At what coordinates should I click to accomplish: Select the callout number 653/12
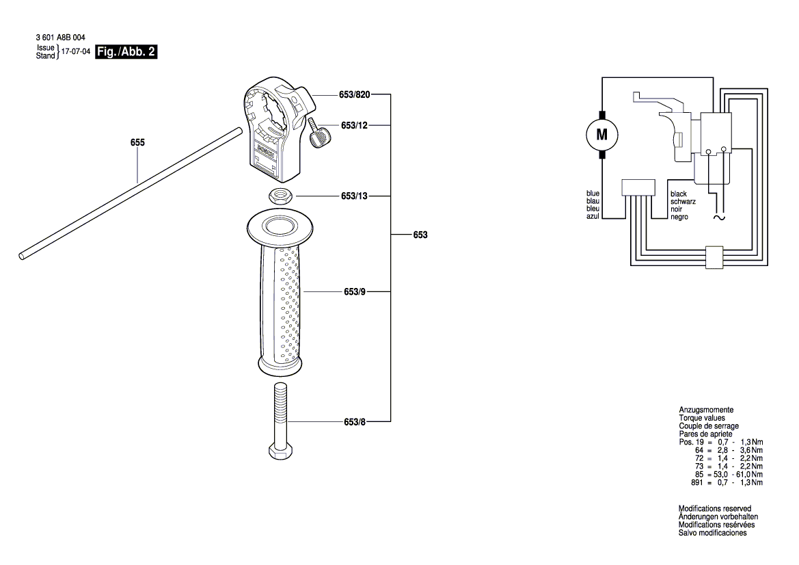pyautogui.click(x=355, y=126)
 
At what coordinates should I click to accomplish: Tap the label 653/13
pyautogui.click(x=354, y=196)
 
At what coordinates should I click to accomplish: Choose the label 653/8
pyautogui.click(x=354, y=423)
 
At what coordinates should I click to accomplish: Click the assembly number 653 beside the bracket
pyautogui.click(x=420, y=235)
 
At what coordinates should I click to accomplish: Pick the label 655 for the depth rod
pyautogui.click(x=137, y=143)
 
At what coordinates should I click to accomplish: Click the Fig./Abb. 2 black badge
pyautogui.click(x=126, y=52)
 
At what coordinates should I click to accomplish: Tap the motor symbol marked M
pyautogui.click(x=602, y=135)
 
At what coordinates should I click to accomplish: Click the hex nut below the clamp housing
pyautogui.click(x=280, y=196)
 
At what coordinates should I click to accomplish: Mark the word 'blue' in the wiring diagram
pyautogui.click(x=593, y=194)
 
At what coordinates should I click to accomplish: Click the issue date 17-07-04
pyautogui.click(x=75, y=52)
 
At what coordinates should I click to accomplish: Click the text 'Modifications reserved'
pyautogui.click(x=714, y=509)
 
